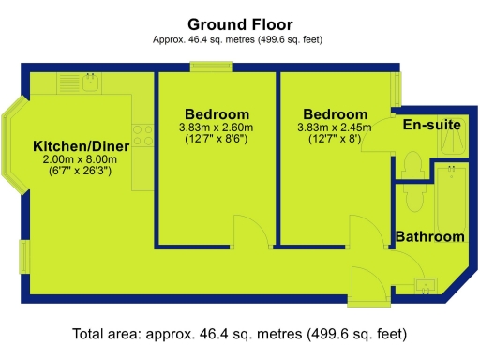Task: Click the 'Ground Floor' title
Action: click(x=239, y=23)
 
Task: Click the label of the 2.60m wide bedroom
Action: click(x=217, y=113)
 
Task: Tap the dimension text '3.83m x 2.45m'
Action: click(x=334, y=127)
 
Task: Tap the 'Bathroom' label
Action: click(x=429, y=237)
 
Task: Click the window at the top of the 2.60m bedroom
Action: click(x=204, y=66)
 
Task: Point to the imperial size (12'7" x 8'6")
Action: click(x=217, y=140)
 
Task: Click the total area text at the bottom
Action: click(x=239, y=334)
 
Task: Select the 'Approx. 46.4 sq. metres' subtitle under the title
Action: click(x=239, y=39)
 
